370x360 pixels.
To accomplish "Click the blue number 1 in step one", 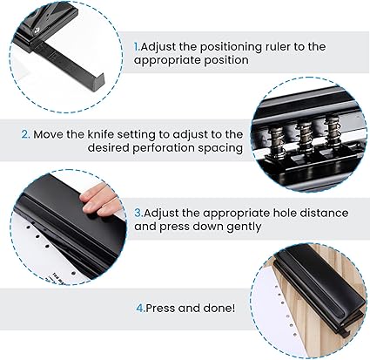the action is point(136,46).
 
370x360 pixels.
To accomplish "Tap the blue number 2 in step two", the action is point(25,134).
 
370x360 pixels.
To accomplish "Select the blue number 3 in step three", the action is point(138,214).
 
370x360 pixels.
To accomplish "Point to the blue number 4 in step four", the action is point(140,308).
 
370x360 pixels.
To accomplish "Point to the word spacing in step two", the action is point(220,148).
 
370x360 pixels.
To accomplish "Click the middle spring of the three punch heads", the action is point(305,134).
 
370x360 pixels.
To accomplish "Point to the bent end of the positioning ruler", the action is point(98,82).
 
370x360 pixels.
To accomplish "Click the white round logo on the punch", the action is point(37,31).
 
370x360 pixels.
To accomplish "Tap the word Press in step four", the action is point(160,308).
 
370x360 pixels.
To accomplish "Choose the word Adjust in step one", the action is point(158,47).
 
